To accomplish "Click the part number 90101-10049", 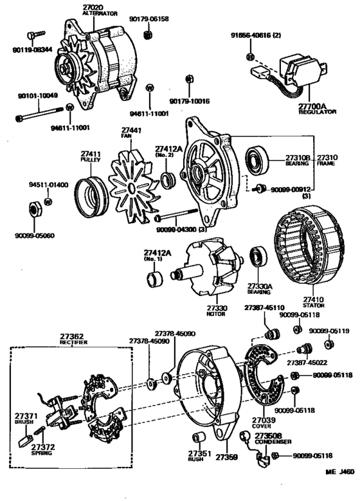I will click(x=37, y=96).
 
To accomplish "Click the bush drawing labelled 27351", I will click(x=200, y=439).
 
